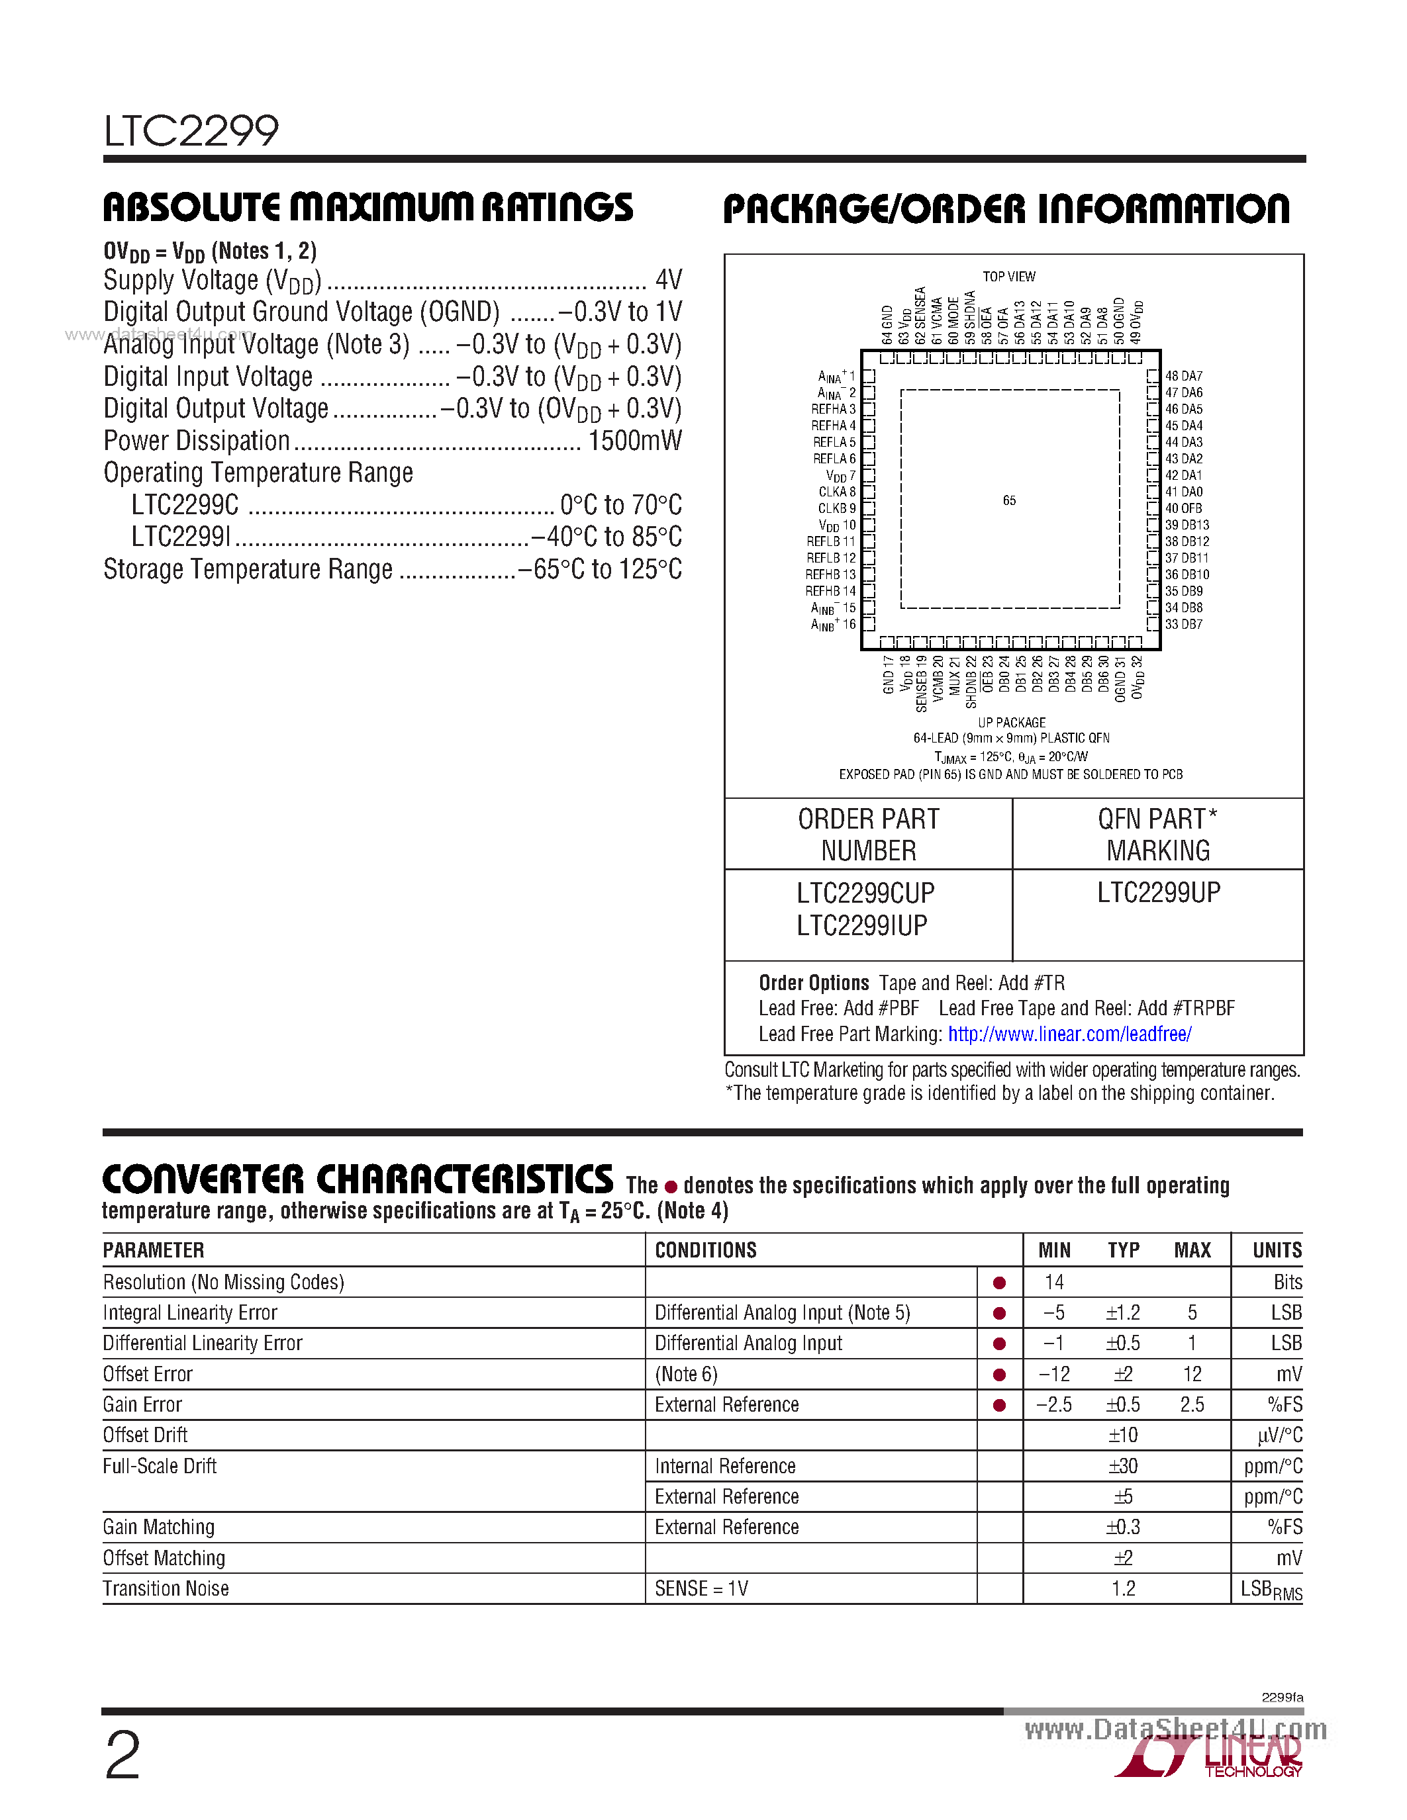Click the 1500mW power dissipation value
(634, 441)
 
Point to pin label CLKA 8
(836, 492)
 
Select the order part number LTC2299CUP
(865, 893)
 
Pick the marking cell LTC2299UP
(1158, 893)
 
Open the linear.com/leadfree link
(1069, 1034)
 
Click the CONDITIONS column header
(705, 1250)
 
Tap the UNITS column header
(1277, 1250)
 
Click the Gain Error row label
(142, 1405)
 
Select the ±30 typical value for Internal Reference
(1123, 1466)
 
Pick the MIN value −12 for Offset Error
(1053, 1374)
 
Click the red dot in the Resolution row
(999, 1283)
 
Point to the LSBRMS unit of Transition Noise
(1271, 1590)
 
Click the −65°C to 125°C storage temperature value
(599, 569)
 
